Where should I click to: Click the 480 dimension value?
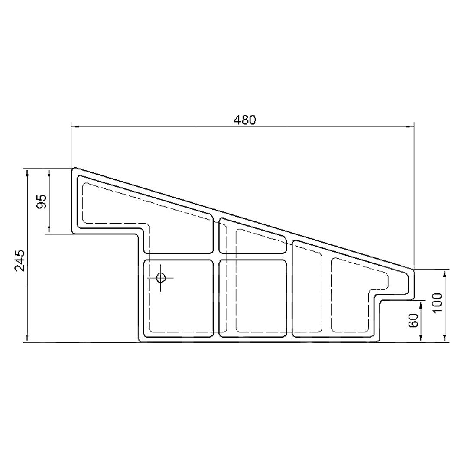coord(245,120)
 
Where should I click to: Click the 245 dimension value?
coord(20,260)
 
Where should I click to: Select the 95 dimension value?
coord(42,201)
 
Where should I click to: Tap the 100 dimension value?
coord(437,302)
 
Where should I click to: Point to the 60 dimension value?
coord(413,320)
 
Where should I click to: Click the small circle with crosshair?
coord(161,278)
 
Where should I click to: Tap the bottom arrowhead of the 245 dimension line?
coord(27,338)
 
